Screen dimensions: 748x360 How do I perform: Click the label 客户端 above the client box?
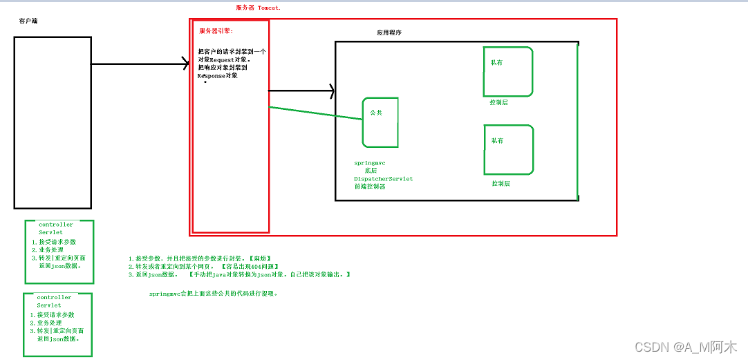click(x=28, y=21)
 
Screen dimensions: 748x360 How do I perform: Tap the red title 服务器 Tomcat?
click(x=259, y=7)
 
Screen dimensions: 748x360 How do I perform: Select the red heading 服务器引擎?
click(x=216, y=31)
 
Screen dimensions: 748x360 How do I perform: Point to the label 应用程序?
click(x=389, y=32)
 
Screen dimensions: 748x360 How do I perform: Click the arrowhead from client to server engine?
click(x=185, y=64)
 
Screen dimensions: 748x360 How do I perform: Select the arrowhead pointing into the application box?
click(x=331, y=91)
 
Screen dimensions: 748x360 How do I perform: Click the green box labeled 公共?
click(x=380, y=122)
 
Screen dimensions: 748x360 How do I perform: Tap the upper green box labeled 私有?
click(x=508, y=71)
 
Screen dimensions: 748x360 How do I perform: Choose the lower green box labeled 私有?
click(x=508, y=149)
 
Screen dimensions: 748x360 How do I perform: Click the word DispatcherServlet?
click(x=383, y=178)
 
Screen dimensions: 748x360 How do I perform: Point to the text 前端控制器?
click(x=370, y=187)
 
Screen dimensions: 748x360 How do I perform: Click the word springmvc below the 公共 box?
click(x=368, y=162)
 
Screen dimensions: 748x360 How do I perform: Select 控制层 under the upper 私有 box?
click(x=498, y=102)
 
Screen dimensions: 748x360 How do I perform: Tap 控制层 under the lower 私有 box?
click(x=501, y=184)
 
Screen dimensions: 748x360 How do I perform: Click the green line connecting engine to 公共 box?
click(x=315, y=113)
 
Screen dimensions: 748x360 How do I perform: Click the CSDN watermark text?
click(x=685, y=346)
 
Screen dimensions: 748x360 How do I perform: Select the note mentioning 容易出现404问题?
click(x=203, y=266)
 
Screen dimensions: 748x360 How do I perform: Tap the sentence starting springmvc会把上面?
click(x=214, y=293)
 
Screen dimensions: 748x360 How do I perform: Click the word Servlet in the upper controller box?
click(x=50, y=233)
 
